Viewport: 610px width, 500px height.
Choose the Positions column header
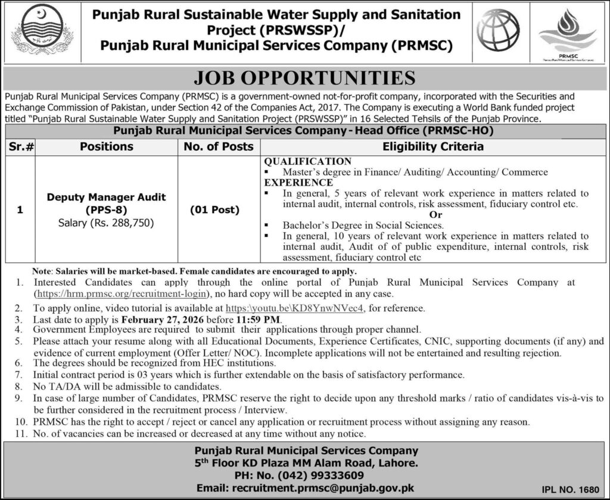click(107, 146)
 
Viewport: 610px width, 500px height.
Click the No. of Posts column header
click(219, 146)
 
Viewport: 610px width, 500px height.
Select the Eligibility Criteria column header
click(432, 146)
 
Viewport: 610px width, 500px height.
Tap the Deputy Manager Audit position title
click(106, 197)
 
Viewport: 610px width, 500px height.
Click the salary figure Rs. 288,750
click(123, 223)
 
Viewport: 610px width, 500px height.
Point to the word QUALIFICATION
click(308, 161)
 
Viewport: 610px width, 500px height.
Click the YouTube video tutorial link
click(296, 308)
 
